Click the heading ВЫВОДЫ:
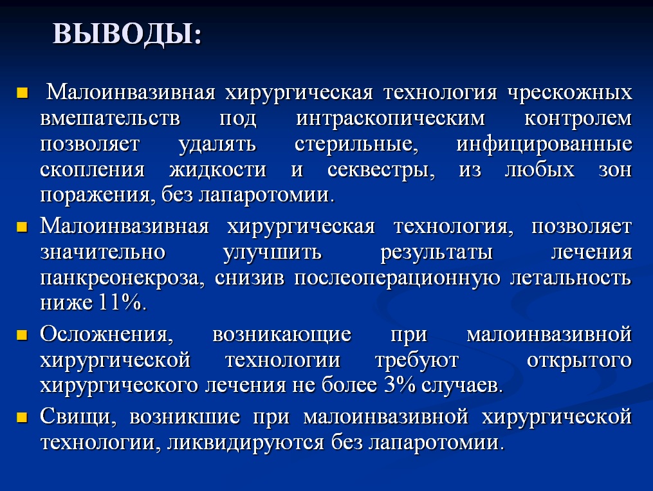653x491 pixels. click(127, 34)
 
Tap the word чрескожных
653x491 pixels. click(570, 93)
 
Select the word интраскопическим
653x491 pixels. click(391, 119)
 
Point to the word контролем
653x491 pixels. click(578, 119)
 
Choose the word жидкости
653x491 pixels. click(217, 170)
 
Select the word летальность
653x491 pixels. click(571, 278)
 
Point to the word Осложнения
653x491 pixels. click(107, 335)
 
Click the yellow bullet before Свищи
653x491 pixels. click(22, 418)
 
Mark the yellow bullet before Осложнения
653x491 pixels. click(22, 335)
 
